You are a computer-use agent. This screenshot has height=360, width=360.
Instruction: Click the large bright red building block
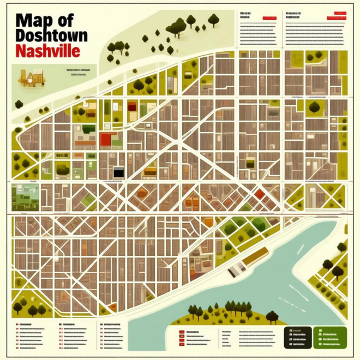106,139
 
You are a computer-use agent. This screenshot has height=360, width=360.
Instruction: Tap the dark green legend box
297,337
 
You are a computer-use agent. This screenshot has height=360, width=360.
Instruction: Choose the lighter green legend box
331,337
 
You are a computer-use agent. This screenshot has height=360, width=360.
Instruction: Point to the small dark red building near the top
131,106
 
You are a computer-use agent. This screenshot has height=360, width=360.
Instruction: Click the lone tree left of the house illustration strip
19,104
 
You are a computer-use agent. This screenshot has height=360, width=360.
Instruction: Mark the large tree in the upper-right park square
314,107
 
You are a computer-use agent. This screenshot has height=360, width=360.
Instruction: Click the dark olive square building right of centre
250,161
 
